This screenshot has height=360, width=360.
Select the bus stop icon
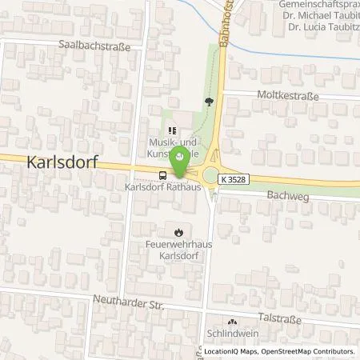(163, 175)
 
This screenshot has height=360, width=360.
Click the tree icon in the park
(210, 102)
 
